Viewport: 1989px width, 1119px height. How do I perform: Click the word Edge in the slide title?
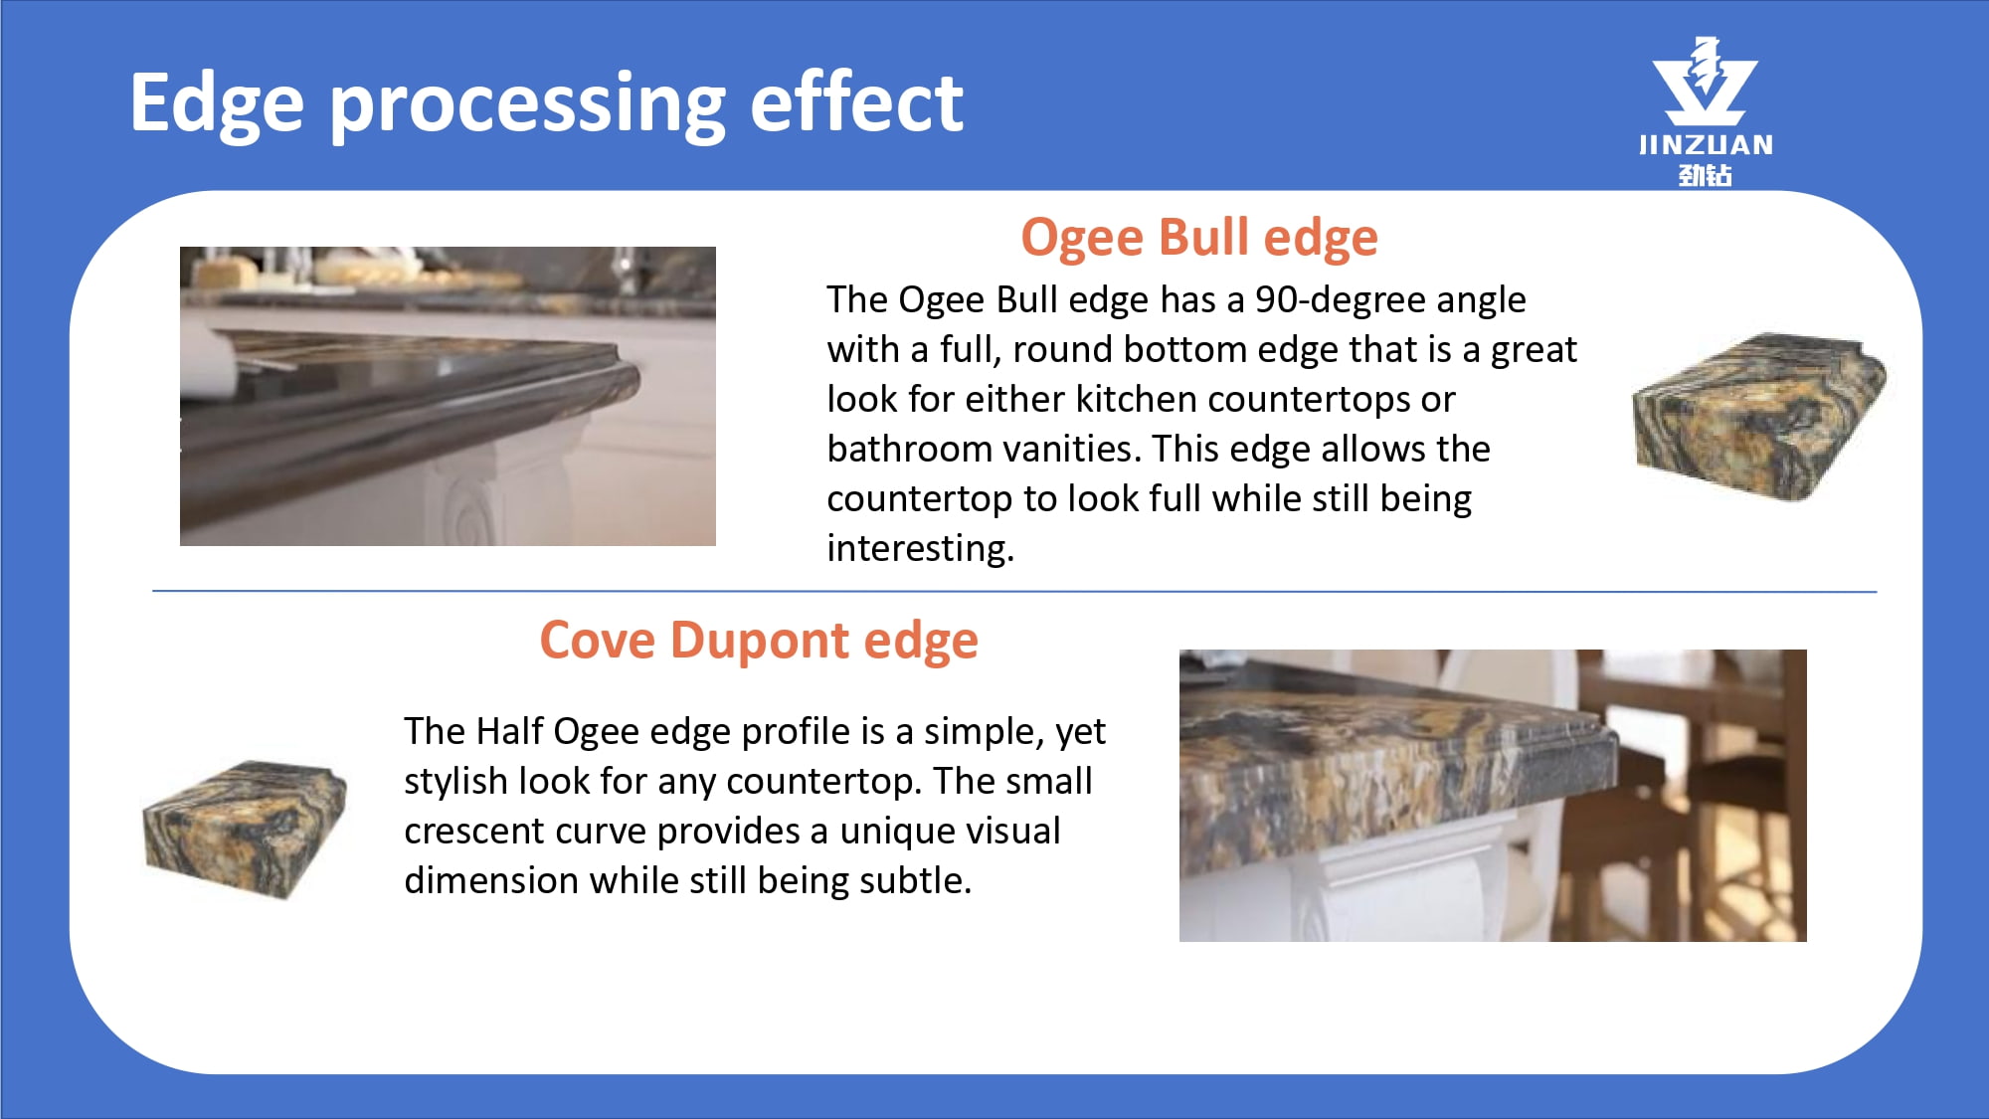(x=217, y=103)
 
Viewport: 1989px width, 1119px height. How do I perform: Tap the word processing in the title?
(x=527, y=105)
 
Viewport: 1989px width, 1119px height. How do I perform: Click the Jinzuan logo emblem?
(x=1705, y=82)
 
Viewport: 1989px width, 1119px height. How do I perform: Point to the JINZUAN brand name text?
(x=1706, y=145)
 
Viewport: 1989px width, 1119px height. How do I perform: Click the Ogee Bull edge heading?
(x=1199, y=238)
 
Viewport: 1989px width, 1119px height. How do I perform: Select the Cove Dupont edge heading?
(x=759, y=641)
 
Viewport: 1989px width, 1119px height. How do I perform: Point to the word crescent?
(x=474, y=831)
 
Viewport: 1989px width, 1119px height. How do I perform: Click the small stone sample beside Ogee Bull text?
(x=1758, y=416)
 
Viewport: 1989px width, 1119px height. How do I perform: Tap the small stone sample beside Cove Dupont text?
(x=245, y=830)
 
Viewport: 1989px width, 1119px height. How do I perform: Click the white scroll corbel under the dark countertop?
(x=497, y=492)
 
